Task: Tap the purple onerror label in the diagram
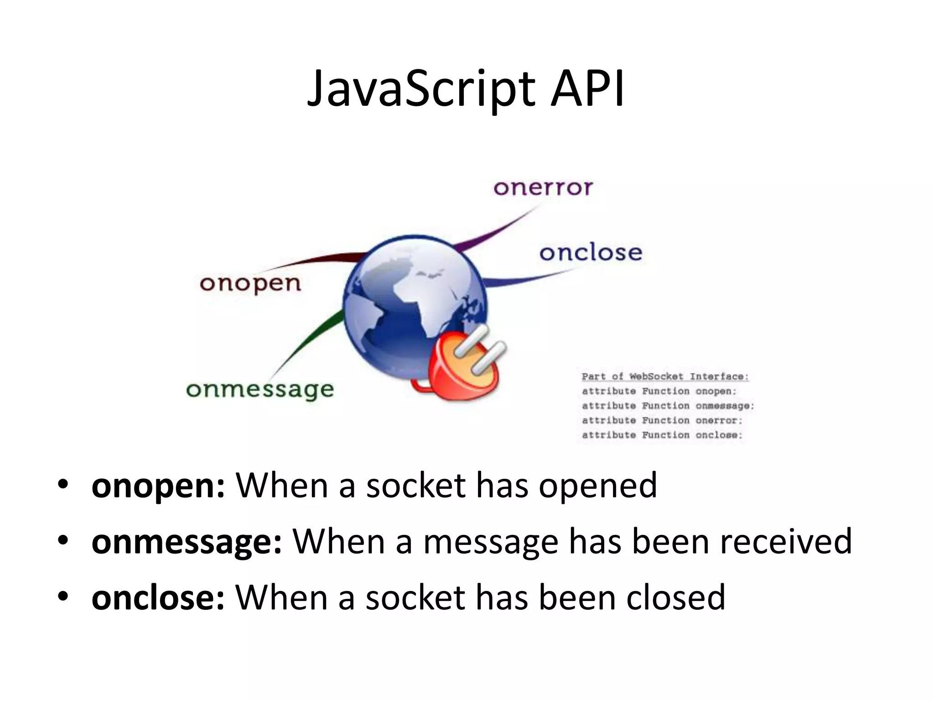pos(543,188)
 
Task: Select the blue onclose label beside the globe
pos(591,252)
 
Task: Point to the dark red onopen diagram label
pos(250,283)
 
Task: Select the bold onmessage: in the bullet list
pos(187,542)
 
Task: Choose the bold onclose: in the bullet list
pos(158,597)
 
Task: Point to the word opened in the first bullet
pos(597,486)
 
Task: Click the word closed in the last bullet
pos(675,597)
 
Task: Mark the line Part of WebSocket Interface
pos(665,377)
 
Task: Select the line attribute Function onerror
pos(662,420)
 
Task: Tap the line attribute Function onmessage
pos(668,406)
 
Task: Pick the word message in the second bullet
pos(491,542)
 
